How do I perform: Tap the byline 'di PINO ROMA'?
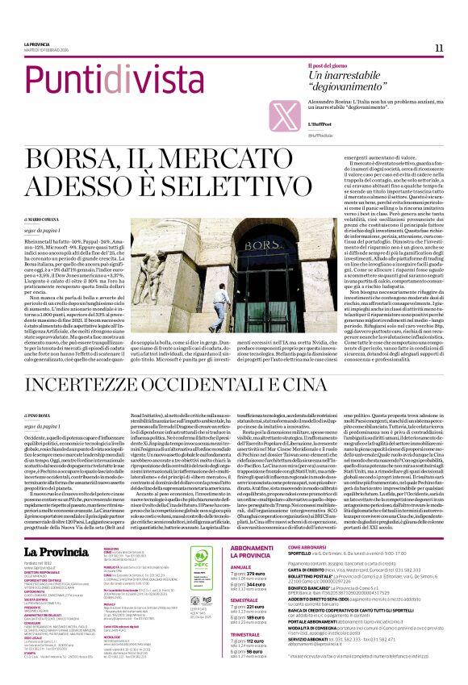pyautogui.click(x=39, y=415)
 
